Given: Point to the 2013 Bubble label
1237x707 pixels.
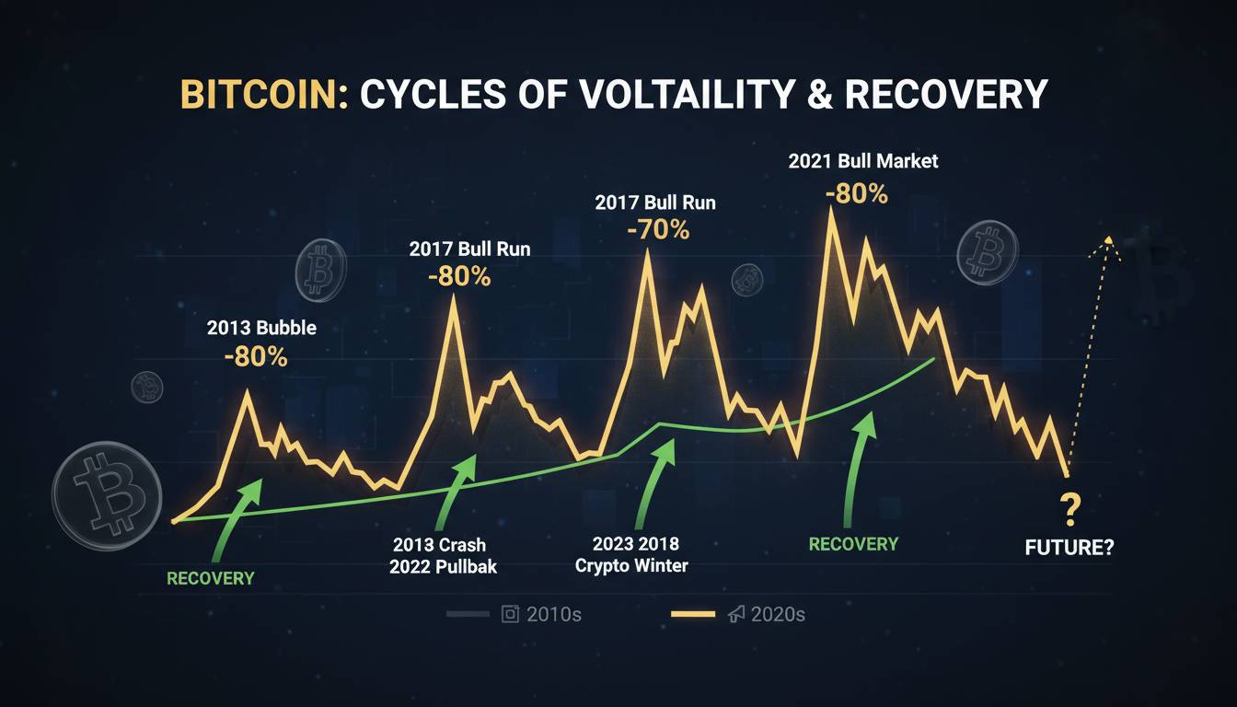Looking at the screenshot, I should tap(261, 328).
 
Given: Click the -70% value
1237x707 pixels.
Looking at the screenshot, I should tap(658, 229).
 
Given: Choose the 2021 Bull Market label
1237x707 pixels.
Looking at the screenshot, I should tap(862, 161).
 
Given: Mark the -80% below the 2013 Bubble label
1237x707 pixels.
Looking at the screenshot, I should tap(256, 357).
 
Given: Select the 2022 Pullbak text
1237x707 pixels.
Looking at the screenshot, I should tap(443, 566).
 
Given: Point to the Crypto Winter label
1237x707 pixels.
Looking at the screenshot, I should tap(631, 565).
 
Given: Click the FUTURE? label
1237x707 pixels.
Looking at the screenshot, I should tap(1069, 548).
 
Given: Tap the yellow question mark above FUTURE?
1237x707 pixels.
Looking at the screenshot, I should tap(1069, 507).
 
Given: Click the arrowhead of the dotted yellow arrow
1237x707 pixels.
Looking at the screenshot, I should tap(1108, 242).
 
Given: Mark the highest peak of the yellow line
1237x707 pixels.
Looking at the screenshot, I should tap(832, 210).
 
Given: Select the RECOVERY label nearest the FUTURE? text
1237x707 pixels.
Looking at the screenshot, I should tap(853, 544).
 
